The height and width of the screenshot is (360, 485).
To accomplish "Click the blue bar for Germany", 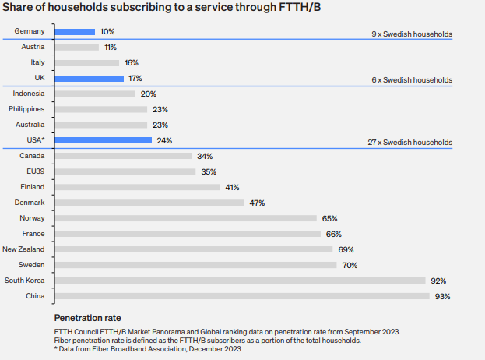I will (x=75, y=32).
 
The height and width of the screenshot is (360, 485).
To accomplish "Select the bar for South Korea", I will (x=241, y=281).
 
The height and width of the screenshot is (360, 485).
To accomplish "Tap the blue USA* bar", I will (x=104, y=140).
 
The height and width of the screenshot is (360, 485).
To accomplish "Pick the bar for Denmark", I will (x=150, y=203).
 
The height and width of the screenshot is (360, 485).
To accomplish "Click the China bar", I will (x=242, y=296).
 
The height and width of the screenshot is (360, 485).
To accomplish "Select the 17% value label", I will (x=135, y=79).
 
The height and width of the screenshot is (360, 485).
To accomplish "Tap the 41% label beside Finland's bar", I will (x=232, y=187).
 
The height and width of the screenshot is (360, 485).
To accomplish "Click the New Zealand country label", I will (x=24, y=249).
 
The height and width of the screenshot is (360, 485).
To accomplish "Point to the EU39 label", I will (x=34, y=171).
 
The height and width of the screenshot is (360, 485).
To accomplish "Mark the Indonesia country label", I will (x=29, y=94).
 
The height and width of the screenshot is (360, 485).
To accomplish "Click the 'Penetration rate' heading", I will (x=87, y=318).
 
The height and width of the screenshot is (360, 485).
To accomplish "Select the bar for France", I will (x=188, y=234).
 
